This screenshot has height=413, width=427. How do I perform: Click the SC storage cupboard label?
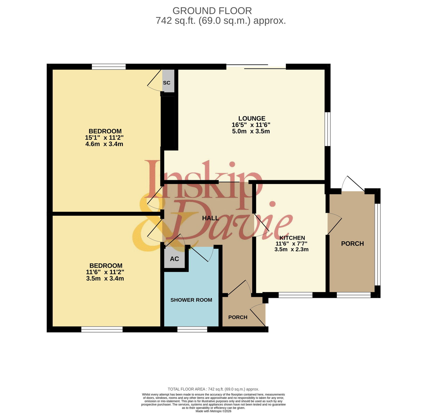click(167, 83)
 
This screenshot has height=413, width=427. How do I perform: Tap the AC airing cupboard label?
click(175, 259)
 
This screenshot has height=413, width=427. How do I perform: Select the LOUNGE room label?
click(252, 118)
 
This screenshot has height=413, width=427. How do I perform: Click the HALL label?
click(211, 218)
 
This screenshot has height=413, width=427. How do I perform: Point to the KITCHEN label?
click(292, 238)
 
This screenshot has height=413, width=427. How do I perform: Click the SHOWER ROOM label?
click(191, 300)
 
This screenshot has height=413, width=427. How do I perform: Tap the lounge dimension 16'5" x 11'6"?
click(251, 125)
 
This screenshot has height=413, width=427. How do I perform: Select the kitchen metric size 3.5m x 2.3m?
click(291, 249)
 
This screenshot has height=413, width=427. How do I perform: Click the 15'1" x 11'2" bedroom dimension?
click(104, 137)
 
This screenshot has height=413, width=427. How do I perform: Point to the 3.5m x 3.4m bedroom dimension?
click(105, 278)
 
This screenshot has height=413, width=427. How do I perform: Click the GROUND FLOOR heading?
click(212, 11)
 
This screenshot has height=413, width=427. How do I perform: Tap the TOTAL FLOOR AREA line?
click(213, 389)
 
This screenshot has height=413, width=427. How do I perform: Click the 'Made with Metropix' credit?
click(213, 411)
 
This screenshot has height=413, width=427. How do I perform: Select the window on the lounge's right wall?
click(327, 129)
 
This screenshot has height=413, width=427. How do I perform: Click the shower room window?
click(192, 329)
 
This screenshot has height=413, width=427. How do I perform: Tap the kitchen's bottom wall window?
click(295, 295)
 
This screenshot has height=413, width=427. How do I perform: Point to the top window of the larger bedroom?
click(109, 66)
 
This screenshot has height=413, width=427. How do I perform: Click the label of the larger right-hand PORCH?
click(353, 243)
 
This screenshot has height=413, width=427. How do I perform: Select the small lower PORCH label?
click(238, 317)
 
